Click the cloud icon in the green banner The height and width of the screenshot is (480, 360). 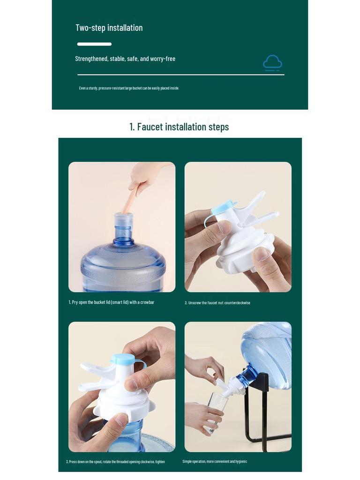tap(272, 63)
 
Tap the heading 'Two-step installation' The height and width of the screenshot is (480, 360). tap(109, 28)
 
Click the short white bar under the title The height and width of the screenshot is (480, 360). tap(94, 44)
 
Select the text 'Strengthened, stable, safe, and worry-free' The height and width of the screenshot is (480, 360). tap(125, 59)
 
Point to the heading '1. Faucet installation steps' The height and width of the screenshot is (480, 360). tap(179, 127)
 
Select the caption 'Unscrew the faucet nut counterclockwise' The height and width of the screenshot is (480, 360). tap(217, 303)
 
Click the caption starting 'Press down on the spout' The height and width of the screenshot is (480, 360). tap(115, 462)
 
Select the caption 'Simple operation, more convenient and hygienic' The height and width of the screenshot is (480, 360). tap(215, 461)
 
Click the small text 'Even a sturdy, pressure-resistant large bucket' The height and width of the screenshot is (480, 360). tap(129, 88)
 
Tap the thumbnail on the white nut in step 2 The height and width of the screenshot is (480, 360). tap(262, 254)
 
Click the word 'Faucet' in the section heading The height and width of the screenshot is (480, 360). tap(150, 127)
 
